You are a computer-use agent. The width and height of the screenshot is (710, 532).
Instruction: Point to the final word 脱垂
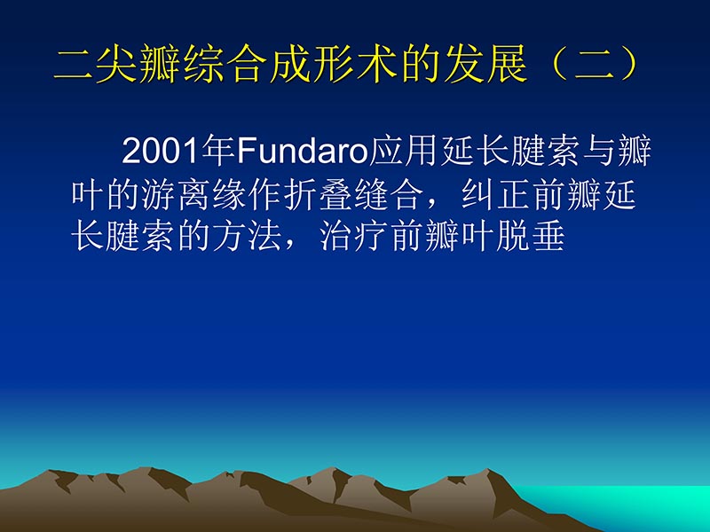coord(540,239)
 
